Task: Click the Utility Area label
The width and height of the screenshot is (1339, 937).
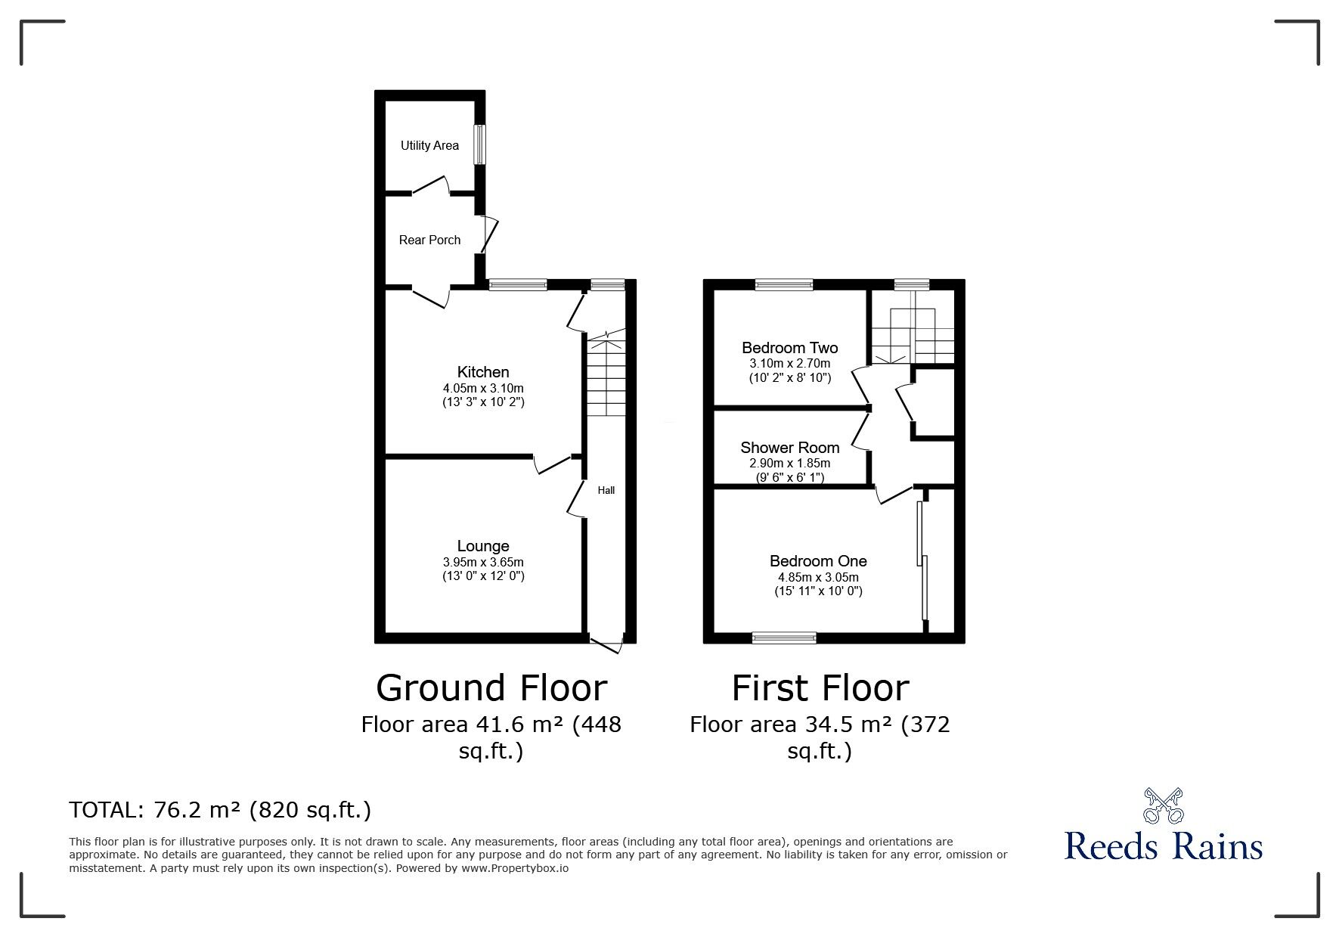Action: tap(429, 145)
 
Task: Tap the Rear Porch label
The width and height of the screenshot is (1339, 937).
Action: tap(429, 240)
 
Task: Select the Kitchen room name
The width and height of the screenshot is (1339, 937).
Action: tap(483, 371)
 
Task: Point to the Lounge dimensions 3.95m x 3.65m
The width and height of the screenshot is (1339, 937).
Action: tap(483, 562)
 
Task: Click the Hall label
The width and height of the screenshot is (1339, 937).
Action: tap(606, 490)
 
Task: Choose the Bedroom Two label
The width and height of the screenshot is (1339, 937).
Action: tap(789, 348)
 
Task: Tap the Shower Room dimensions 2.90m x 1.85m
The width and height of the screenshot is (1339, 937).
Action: tap(789, 463)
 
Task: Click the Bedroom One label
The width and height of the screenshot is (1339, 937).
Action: tap(818, 560)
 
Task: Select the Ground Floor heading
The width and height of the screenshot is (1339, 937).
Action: tap(491, 688)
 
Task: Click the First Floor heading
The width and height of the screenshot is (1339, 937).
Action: tap(820, 688)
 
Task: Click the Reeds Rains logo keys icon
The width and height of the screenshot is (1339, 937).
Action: tap(1163, 806)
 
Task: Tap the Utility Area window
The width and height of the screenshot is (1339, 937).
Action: tap(479, 144)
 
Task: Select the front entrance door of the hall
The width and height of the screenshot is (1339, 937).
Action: tap(606, 644)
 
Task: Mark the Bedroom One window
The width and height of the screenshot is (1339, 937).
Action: tap(784, 638)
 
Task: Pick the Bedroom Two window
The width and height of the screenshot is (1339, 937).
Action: tap(784, 284)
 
